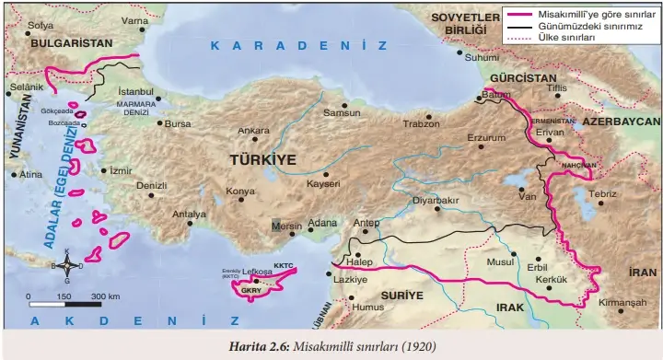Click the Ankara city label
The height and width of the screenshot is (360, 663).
[253, 131]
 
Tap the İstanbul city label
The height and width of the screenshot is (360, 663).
[136, 92]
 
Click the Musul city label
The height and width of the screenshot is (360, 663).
[501, 262]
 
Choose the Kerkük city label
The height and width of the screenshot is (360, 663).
[552, 279]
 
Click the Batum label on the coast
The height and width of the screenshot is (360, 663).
[496, 95]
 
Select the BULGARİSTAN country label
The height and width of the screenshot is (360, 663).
[71, 42]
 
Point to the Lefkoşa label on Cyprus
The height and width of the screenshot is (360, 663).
[258, 273]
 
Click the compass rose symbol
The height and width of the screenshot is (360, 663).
[65, 265]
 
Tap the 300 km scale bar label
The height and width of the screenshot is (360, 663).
[106, 296]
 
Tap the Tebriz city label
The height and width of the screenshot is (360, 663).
[602, 193]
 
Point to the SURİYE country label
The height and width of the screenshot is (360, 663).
[402, 296]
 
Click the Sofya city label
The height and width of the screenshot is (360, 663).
[41, 25]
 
